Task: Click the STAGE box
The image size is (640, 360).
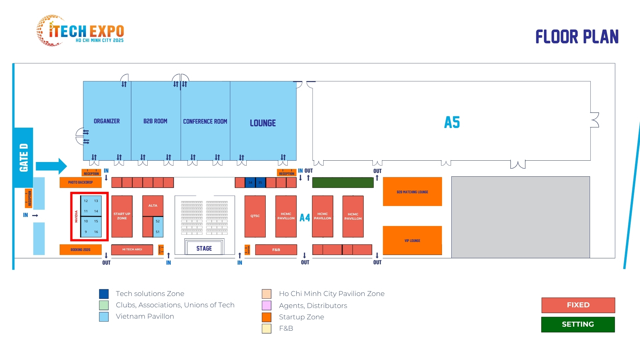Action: tap(204, 248)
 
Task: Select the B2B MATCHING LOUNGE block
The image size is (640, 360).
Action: tap(412, 192)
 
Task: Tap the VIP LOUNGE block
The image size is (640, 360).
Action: tap(412, 240)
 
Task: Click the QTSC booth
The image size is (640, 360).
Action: tap(255, 216)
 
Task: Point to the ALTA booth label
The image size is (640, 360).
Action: tap(153, 205)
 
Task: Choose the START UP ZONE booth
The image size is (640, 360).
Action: tap(122, 216)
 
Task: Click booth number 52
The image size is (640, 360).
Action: tap(158, 221)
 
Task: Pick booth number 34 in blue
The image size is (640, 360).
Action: tap(250, 182)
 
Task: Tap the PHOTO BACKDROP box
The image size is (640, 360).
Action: tap(80, 182)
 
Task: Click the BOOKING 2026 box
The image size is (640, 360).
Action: tap(80, 249)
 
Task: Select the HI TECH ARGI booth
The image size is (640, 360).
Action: tap(132, 249)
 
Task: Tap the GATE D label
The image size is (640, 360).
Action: tap(24, 157)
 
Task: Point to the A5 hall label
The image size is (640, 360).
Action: tap(452, 122)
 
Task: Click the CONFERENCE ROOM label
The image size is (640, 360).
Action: tap(205, 121)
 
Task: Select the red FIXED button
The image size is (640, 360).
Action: tap(578, 305)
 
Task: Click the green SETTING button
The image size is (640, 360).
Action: tap(578, 324)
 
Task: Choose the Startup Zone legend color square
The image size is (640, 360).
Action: tap(266, 317)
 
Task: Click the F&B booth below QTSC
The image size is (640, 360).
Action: tap(276, 250)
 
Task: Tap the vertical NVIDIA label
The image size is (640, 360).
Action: tap(76, 216)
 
